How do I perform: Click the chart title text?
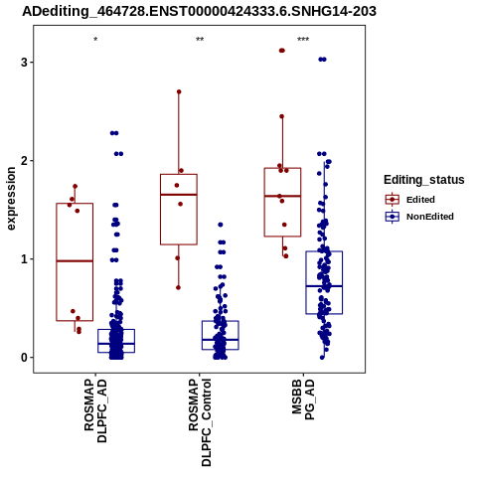[x=199, y=11]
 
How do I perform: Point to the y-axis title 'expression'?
[x=11, y=199]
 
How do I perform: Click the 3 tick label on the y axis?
[x=24, y=63]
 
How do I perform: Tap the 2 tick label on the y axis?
[x=24, y=161]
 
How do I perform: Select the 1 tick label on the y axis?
[x=24, y=259]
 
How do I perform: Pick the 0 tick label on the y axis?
[x=24, y=358]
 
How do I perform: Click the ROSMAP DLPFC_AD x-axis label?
[x=95, y=410]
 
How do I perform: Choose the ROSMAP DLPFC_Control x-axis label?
[x=200, y=422]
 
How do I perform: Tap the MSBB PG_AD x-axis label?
[x=303, y=399]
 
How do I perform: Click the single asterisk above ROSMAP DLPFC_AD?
[x=95, y=40]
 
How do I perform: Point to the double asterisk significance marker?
[x=200, y=40]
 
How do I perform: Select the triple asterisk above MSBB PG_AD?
[x=303, y=40]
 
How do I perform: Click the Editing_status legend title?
[x=424, y=180]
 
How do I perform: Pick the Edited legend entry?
[x=420, y=200]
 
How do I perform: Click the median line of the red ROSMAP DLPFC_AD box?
[x=75, y=261]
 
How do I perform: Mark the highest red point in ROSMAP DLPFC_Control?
[x=179, y=91]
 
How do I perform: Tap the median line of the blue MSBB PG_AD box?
[x=324, y=286]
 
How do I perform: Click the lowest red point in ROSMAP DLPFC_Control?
[x=178, y=287]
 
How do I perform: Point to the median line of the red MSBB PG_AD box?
[x=282, y=196]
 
